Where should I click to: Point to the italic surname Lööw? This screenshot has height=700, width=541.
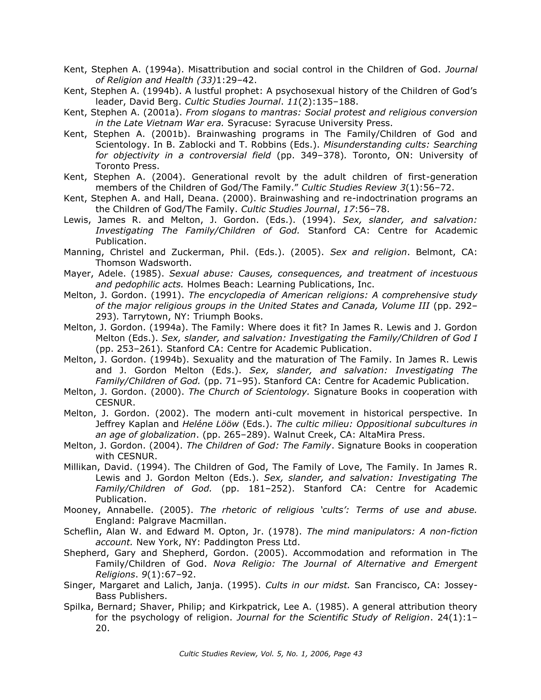227,424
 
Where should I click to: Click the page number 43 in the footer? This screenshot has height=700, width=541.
357,654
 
